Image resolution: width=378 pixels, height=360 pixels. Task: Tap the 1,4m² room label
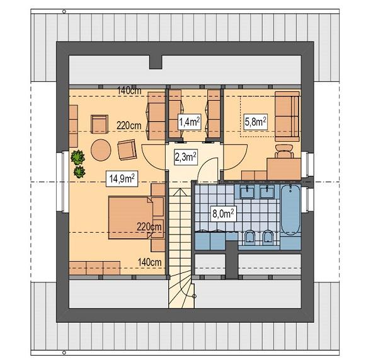[189, 122]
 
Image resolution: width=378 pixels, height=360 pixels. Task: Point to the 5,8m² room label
[256, 120]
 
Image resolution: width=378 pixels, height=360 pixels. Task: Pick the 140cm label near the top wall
[130, 91]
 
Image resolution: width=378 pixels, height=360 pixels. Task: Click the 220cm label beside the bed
[150, 226]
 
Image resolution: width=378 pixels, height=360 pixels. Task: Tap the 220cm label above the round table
[129, 125]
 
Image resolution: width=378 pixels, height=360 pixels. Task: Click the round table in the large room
[101, 150]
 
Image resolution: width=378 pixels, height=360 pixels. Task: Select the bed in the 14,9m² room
[130, 216]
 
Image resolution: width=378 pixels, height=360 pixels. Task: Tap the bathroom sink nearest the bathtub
[266, 192]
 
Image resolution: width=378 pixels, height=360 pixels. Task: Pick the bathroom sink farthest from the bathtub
[245, 192]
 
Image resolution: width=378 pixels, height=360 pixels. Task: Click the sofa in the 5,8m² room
[287, 113]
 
